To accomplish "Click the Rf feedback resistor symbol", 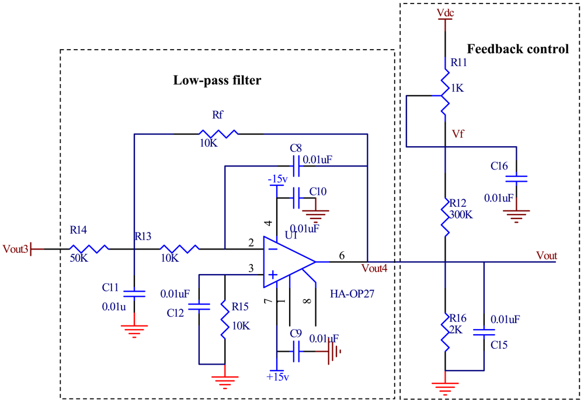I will tap(217, 134).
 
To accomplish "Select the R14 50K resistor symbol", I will tap(90, 249).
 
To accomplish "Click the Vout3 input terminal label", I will tap(15, 249).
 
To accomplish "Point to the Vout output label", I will tap(546, 255).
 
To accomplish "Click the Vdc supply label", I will tap(445, 12).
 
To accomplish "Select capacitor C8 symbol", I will tap(297, 166).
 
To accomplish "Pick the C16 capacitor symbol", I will tap(516, 178).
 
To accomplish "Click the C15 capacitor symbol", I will tap(484, 331).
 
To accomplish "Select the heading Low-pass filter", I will tap(217, 81).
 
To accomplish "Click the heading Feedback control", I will tap(518, 49).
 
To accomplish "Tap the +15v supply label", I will tap(277, 377).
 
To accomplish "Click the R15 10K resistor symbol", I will tap(224, 319).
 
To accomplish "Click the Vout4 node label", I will tap(374, 269).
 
